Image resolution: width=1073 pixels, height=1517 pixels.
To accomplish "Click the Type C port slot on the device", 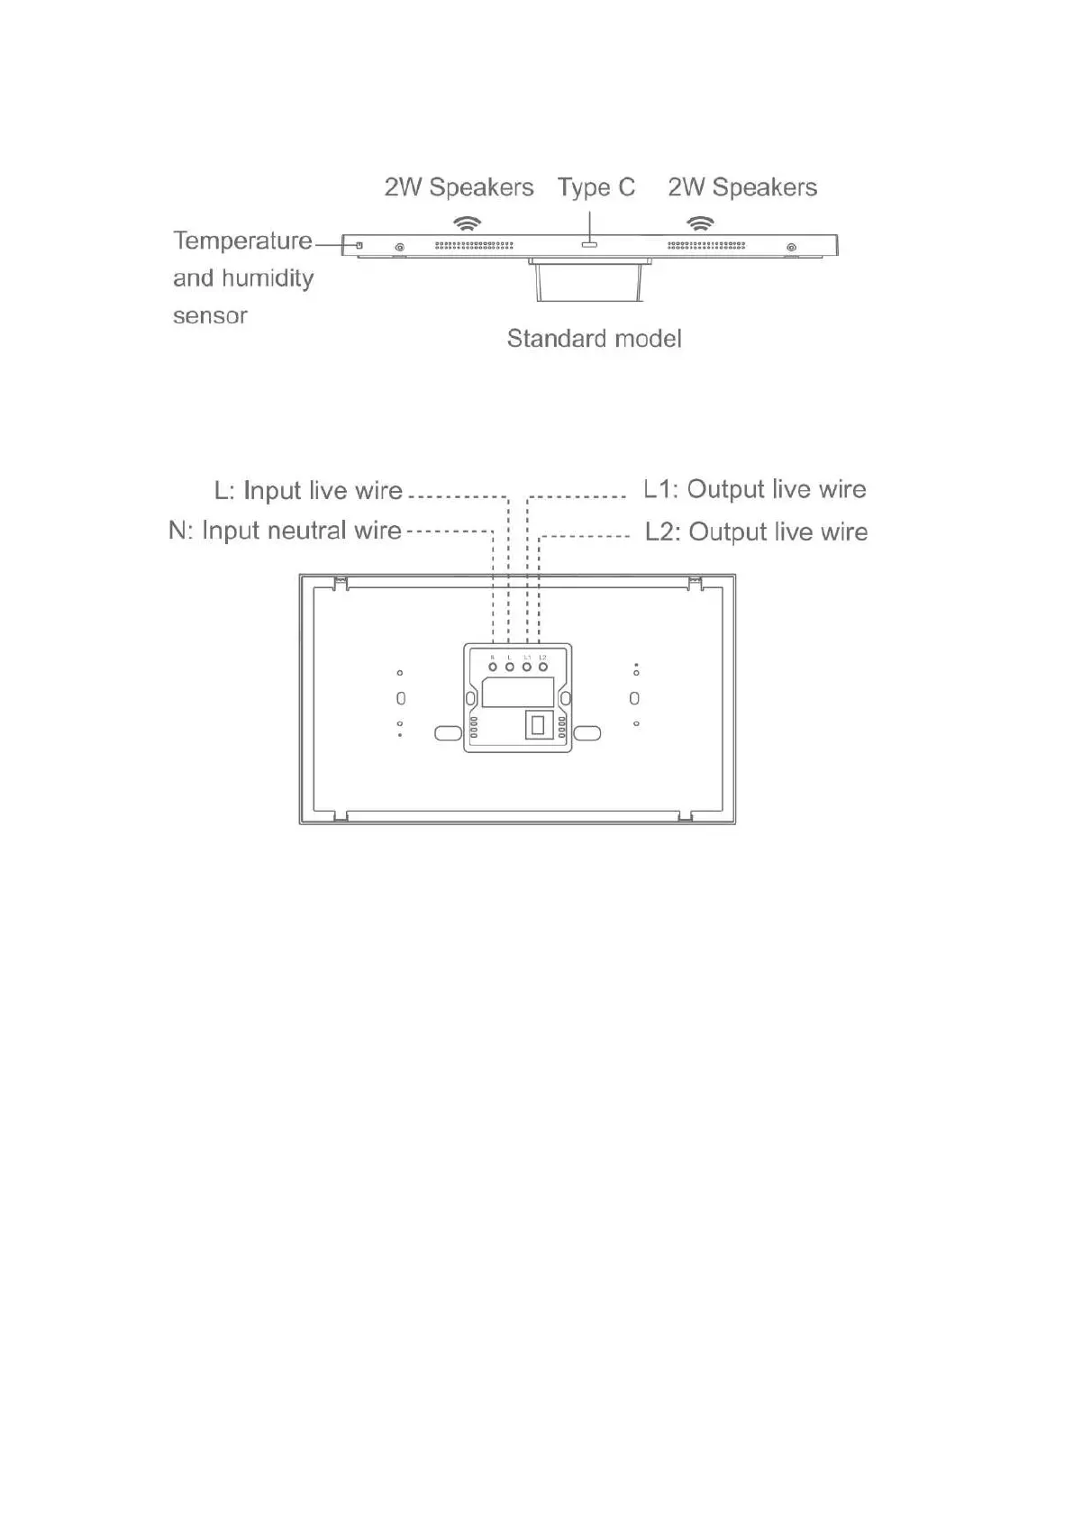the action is (x=590, y=244).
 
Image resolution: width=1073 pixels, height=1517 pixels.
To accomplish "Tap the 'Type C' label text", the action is (x=596, y=187).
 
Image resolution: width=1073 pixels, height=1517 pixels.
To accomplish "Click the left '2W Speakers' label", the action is (x=459, y=187).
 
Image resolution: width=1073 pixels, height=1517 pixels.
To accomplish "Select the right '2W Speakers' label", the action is (x=742, y=187).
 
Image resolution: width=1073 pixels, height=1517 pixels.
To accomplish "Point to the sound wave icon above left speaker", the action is (x=467, y=223).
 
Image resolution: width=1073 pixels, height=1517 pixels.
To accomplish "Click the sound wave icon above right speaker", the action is (x=700, y=223).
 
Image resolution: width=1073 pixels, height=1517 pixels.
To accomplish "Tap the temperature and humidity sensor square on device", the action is (x=359, y=245).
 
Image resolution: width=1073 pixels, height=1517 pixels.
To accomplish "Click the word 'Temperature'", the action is (x=242, y=241).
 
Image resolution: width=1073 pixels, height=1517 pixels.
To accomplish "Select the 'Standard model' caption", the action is (x=594, y=339).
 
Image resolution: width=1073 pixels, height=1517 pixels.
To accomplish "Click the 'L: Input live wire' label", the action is (x=308, y=490).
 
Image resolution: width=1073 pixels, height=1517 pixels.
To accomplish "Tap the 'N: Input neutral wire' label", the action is (x=285, y=531).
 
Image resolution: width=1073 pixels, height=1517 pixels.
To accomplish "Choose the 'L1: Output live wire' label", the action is (x=755, y=489).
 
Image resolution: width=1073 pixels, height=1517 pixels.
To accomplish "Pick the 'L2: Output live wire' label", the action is (x=756, y=531).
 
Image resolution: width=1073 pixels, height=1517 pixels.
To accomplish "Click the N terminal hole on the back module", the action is (x=493, y=667).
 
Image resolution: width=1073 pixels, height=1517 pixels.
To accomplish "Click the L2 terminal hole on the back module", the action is (x=543, y=667).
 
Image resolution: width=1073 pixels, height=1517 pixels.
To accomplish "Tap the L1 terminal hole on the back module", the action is (x=527, y=667).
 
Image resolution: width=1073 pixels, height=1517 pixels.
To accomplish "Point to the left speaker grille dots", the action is (x=474, y=245).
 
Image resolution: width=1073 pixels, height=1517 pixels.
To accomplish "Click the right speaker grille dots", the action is (x=706, y=245).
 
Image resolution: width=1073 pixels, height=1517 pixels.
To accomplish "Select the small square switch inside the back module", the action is (x=538, y=724).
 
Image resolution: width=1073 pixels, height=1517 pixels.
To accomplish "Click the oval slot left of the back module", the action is (x=448, y=733).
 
